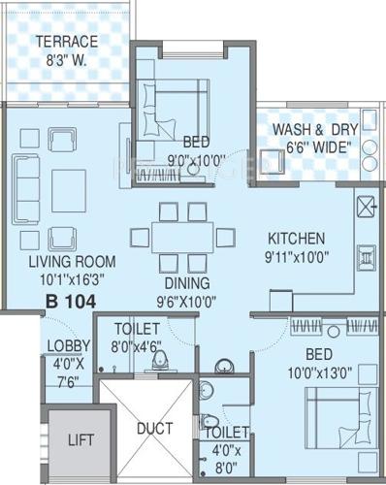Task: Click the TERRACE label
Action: (67, 42)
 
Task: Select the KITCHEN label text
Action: (297, 238)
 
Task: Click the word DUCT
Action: (155, 428)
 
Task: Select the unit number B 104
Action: (71, 303)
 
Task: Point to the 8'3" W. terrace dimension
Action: (67, 58)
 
